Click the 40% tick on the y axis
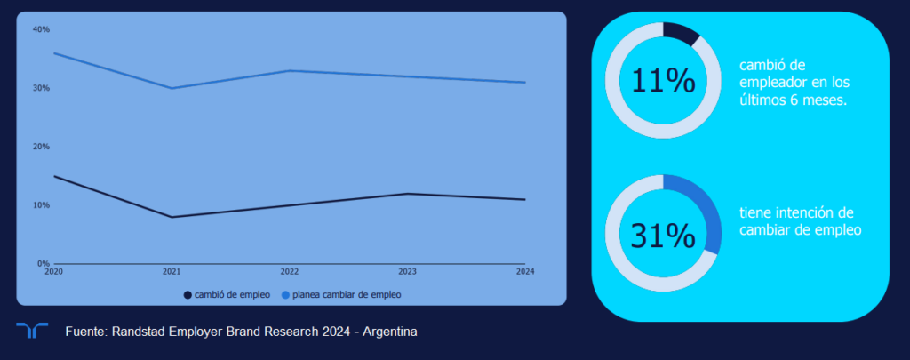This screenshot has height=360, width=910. (41, 29)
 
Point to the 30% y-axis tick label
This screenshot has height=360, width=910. (41, 88)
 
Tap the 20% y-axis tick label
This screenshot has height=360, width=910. (41, 147)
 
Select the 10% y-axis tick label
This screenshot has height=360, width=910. (41, 205)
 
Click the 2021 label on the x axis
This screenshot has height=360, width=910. (172, 271)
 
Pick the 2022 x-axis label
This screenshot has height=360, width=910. (289, 271)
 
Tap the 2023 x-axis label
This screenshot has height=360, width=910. (407, 271)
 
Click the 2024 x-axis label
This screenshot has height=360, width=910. (524, 271)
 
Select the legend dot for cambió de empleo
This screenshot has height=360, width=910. (188, 294)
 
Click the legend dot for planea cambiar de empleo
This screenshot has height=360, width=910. (285, 294)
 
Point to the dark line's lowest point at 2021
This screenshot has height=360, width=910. (172, 217)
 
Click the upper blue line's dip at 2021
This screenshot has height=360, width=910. (172, 88)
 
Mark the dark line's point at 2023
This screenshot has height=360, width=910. (407, 194)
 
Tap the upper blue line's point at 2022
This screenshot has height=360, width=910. (289, 70)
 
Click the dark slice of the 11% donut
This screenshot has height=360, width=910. (681, 32)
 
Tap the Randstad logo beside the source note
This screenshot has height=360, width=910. (32, 331)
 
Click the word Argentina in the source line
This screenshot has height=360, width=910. (387, 332)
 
